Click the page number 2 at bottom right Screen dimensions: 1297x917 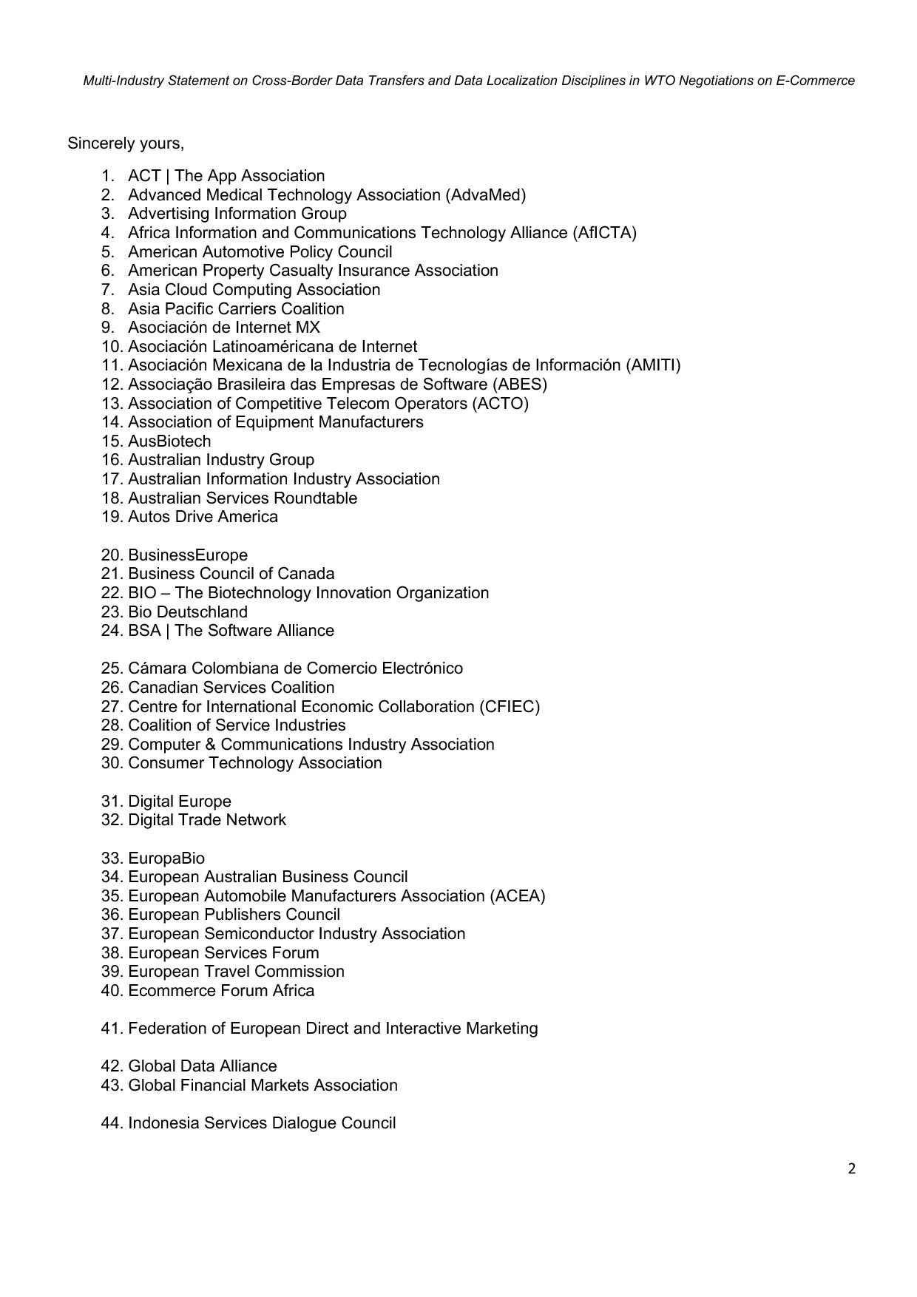click(852, 1168)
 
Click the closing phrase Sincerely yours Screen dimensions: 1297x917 click(126, 143)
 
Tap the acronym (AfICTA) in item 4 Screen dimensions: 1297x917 click(604, 232)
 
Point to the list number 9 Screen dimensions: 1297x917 click(107, 327)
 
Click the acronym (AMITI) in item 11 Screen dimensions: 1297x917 click(653, 365)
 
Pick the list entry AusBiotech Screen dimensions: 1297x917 click(169, 441)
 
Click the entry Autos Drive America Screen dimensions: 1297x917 click(203, 516)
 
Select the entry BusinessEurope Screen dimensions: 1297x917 click(188, 555)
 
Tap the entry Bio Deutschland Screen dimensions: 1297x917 click(188, 612)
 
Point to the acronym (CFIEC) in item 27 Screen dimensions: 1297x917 click(510, 706)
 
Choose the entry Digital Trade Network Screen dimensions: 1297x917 click(207, 819)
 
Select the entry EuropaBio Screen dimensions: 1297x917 click(166, 858)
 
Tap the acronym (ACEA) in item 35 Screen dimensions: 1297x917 click(518, 895)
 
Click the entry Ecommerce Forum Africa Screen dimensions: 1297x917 click(221, 990)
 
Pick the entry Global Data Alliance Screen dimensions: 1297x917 click(203, 1066)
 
